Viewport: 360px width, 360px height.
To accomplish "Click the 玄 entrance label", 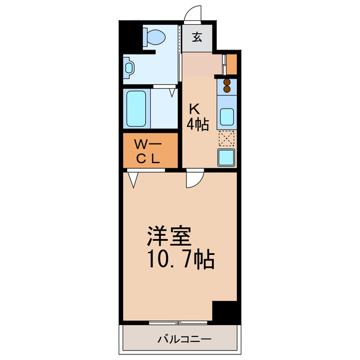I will click(x=197, y=38).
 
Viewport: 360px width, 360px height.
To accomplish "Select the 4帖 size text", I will click(x=198, y=124).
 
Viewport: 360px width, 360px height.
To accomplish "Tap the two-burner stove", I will click(x=227, y=85).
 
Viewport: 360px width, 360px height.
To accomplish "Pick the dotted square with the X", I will click(x=227, y=138).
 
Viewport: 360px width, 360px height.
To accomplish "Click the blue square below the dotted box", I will click(x=227, y=157).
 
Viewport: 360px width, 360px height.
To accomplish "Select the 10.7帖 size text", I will click(x=180, y=259).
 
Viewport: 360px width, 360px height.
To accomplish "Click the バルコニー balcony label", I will click(x=184, y=340).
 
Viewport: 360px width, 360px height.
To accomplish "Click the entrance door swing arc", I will click(x=193, y=15).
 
